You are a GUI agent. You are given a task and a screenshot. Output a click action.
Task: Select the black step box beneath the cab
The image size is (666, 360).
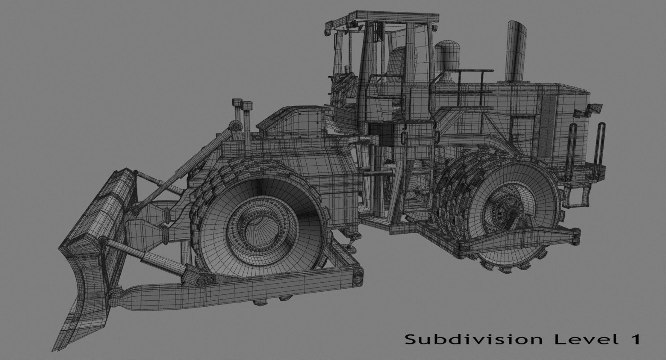[x=382, y=134]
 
